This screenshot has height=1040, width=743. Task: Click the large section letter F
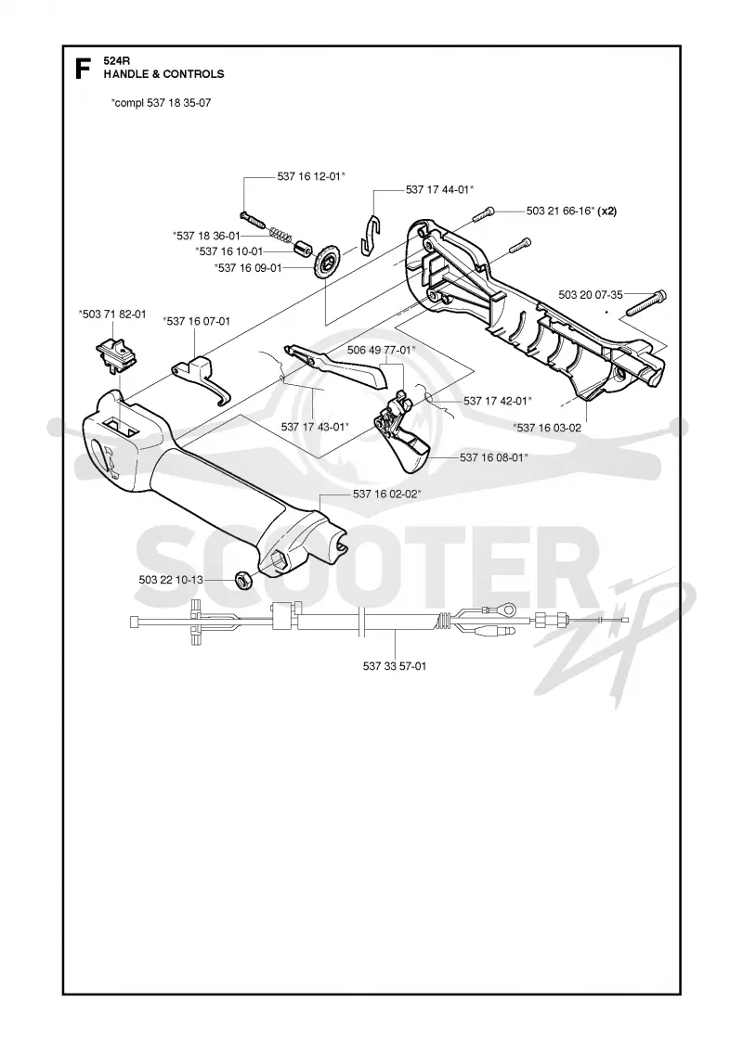[x=83, y=69]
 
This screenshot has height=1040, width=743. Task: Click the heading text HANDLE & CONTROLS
[x=164, y=74]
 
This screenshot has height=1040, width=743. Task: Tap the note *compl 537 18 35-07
[x=162, y=103]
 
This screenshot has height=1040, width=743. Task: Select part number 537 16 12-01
[x=311, y=176]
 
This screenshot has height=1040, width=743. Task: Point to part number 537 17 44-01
[x=439, y=189]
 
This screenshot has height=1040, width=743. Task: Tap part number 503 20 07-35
[x=591, y=294]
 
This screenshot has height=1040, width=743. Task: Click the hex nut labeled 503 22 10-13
[x=243, y=579]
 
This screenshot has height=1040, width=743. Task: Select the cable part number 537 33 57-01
[x=395, y=666]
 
